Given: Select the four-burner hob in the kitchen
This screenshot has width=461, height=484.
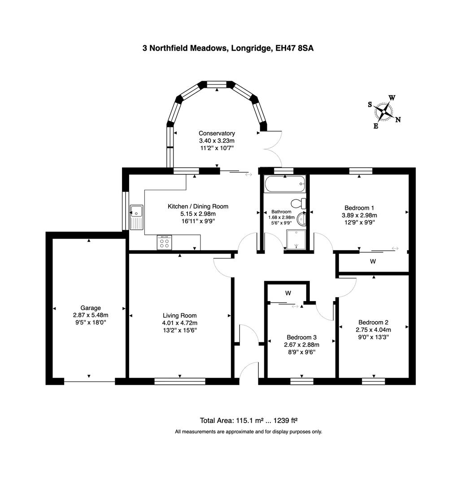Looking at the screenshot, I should tap(164, 243).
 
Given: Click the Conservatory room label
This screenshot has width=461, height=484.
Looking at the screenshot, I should tap(217, 133).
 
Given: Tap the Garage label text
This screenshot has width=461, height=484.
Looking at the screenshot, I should tap(91, 308).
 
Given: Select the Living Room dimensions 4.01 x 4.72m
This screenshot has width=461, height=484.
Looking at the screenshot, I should tap(179, 323).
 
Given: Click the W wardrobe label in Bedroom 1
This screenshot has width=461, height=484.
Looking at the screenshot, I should tap(373, 262).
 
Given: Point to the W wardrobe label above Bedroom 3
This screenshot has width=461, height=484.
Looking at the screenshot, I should tap(288, 293).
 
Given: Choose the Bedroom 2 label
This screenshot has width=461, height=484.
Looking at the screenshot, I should tap(373, 322).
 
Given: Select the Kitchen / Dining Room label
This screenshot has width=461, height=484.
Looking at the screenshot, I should tap(198, 206).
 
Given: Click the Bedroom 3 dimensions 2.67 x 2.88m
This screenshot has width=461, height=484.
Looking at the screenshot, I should tap(301, 345).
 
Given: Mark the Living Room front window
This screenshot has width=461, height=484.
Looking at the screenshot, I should tap(180, 381).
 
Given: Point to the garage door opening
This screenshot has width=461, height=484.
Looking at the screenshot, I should tap(89, 382).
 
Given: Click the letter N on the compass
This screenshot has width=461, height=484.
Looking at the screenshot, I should tap(398, 119).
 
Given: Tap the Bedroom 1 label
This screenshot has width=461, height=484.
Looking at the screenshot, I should tap(359, 207).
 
